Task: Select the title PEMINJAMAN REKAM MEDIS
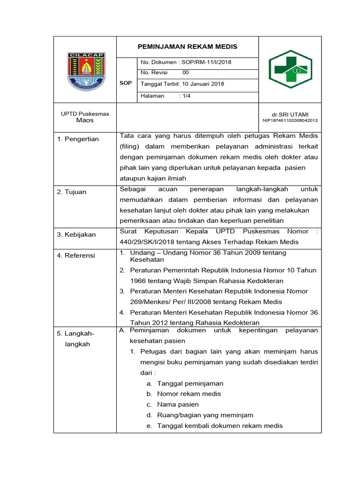(187, 46)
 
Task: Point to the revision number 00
(186, 73)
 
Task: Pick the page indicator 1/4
(187, 96)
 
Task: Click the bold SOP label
(126, 83)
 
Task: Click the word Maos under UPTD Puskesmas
(85, 120)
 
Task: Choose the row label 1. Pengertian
(78, 139)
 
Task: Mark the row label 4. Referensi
(76, 255)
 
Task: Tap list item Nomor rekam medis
(189, 394)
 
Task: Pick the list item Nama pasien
(178, 405)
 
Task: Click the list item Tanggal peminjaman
(190, 383)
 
